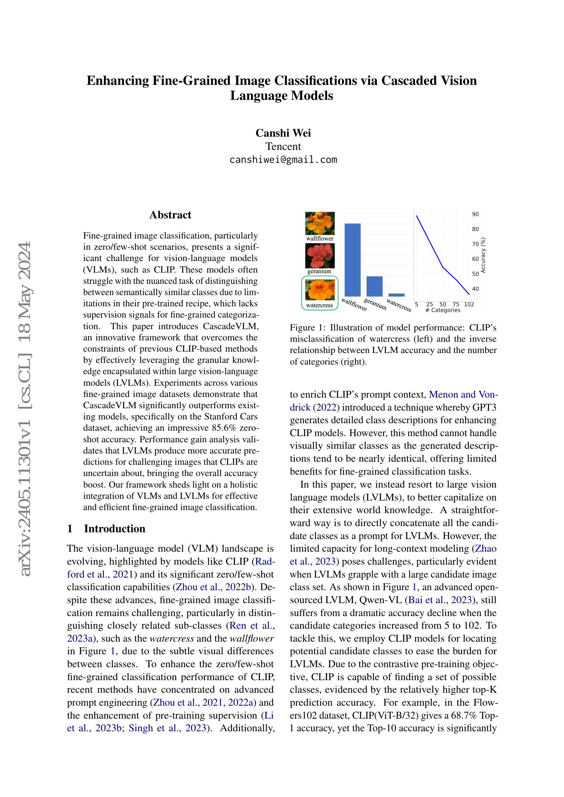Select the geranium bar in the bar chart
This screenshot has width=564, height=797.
374,286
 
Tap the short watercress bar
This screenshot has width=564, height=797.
396,295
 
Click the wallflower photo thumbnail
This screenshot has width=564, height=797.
320,223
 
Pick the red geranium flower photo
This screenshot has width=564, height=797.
320,256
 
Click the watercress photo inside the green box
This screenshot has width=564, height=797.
320,290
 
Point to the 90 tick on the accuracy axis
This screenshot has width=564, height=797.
475,214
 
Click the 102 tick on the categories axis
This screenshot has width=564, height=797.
469,304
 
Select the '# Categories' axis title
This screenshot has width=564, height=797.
443,310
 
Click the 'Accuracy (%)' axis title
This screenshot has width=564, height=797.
483,255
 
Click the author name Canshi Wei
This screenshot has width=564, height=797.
283,133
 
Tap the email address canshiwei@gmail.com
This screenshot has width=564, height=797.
283,160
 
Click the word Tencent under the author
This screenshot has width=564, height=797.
283,146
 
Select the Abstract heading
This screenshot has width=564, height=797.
170,215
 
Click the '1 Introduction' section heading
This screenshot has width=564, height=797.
106,529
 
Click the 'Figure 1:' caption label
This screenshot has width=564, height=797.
307,328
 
